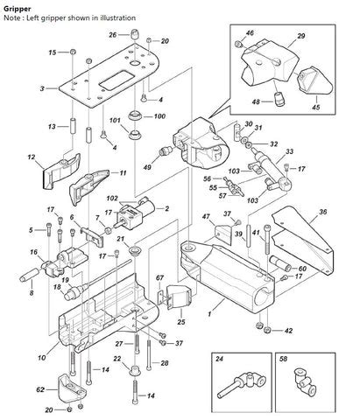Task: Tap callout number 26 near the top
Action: click(x=112, y=35)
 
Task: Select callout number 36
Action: click(x=323, y=212)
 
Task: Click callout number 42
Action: click(x=290, y=332)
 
